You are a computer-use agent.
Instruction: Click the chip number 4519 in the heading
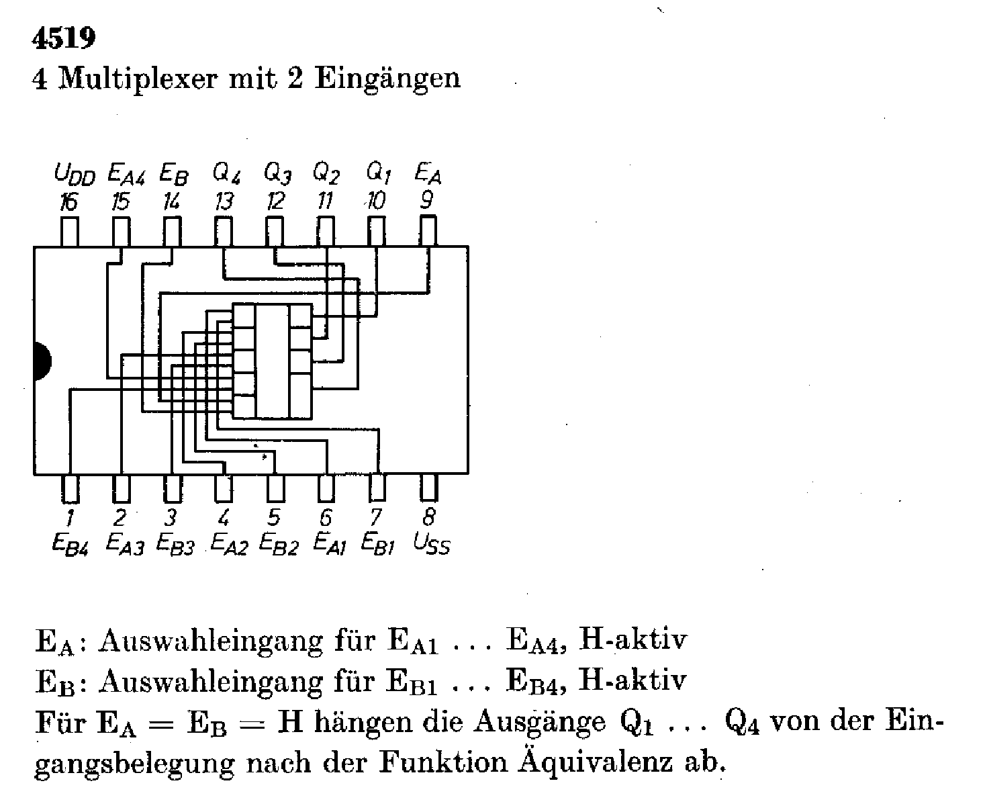(64, 39)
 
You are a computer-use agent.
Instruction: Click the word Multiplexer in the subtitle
(139, 79)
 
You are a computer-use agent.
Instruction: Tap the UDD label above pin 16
(75, 176)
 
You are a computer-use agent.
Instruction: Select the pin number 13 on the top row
(224, 201)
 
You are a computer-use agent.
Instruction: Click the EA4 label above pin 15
(125, 176)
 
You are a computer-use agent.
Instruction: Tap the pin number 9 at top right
(426, 199)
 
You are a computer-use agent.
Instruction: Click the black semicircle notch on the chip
(40, 361)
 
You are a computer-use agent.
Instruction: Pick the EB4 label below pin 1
(70, 543)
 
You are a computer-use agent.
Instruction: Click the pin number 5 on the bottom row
(273, 518)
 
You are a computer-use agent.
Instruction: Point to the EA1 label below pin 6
(330, 543)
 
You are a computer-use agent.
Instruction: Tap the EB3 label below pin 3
(175, 543)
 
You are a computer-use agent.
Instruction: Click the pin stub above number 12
(275, 232)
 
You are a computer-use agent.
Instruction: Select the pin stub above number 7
(377, 488)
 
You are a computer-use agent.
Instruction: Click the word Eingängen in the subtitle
(387, 79)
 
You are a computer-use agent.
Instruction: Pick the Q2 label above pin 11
(326, 174)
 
